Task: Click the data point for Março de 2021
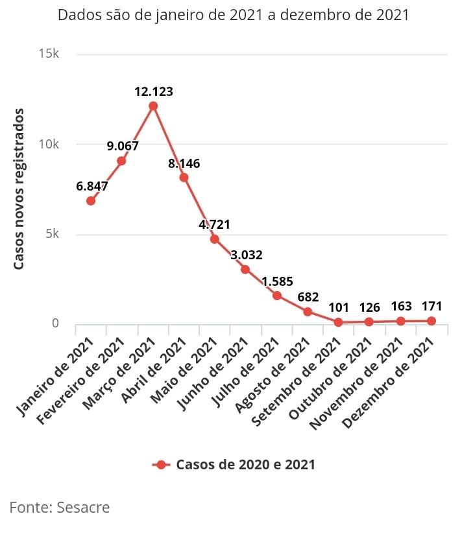click(x=153, y=106)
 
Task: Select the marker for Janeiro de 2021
click(x=91, y=201)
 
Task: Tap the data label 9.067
click(x=123, y=146)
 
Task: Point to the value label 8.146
click(x=184, y=163)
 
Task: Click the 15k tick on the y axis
click(x=49, y=54)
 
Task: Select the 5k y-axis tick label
click(x=51, y=234)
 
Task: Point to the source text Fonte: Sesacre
click(x=60, y=507)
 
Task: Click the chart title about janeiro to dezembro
click(x=234, y=15)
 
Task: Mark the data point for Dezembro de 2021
click(x=432, y=321)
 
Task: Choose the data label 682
click(x=308, y=298)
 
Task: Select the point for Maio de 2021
click(x=215, y=239)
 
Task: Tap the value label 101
click(x=339, y=307)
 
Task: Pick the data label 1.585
click(x=277, y=281)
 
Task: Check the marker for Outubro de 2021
click(x=369, y=322)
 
